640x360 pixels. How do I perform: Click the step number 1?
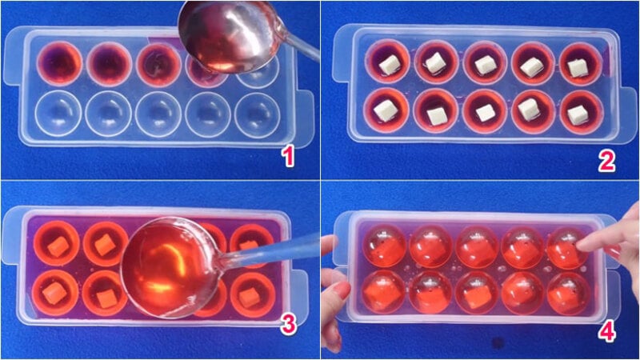click(289, 156)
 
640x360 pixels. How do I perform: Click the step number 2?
click(607, 162)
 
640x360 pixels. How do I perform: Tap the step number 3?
click(288, 325)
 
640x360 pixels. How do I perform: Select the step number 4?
click(607, 332)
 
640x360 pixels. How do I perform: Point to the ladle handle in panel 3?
click(270, 251)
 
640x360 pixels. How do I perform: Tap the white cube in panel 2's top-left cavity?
click(389, 66)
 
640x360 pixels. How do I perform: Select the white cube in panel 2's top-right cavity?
click(578, 68)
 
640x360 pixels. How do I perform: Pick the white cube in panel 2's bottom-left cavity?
click(386, 110)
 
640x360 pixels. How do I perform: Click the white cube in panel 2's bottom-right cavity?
click(578, 114)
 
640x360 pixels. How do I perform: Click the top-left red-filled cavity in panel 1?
click(59, 63)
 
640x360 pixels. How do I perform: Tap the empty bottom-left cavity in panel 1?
click(58, 113)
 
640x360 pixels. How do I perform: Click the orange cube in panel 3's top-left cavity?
click(58, 246)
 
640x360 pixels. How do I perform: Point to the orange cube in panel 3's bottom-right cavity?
click(249, 298)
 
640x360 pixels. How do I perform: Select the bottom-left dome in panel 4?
click(384, 291)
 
